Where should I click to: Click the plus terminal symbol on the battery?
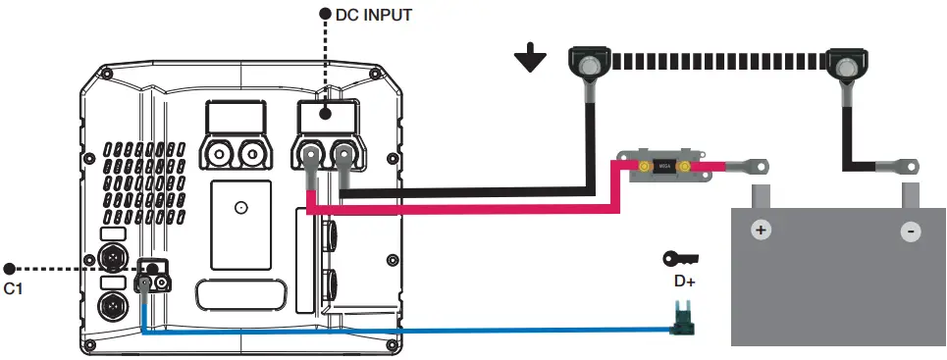pos(760,231)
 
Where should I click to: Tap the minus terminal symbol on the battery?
pos(911,231)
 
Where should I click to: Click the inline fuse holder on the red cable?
pos(663,167)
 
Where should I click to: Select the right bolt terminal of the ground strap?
pos(843,65)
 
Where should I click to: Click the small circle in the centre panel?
pos(239,208)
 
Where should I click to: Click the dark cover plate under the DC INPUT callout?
pos(326,115)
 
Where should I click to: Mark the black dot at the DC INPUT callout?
pos(326,16)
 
